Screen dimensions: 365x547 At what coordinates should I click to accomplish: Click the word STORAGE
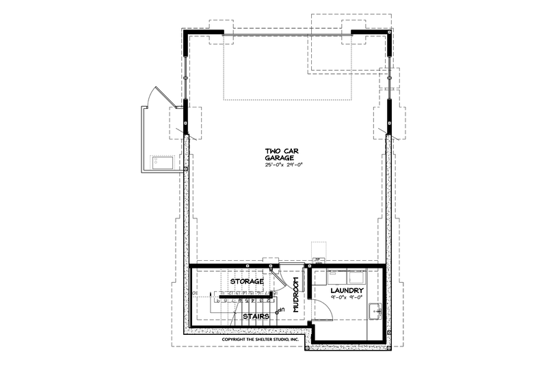pos(246,281)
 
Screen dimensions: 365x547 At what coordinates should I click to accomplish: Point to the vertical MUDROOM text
pos(296,295)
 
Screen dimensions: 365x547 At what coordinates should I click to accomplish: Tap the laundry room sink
pos(376,312)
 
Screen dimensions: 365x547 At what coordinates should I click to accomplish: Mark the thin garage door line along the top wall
pos(287,32)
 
